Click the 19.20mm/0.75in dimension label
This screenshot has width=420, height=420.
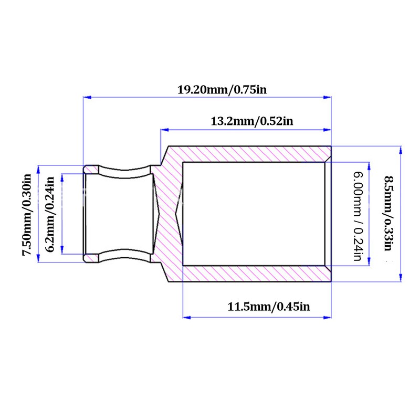(x=222, y=89)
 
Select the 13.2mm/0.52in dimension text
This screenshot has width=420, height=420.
(x=252, y=121)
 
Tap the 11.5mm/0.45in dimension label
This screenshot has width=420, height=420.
(x=269, y=307)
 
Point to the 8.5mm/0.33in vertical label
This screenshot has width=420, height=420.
(x=389, y=213)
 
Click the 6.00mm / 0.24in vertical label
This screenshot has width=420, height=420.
(x=358, y=216)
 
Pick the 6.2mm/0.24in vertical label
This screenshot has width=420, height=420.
(x=49, y=214)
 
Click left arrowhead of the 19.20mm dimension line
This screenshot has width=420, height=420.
(x=87, y=97)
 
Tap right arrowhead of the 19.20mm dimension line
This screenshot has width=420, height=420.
(x=327, y=97)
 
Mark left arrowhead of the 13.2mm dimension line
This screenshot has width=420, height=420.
(x=165, y=130)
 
